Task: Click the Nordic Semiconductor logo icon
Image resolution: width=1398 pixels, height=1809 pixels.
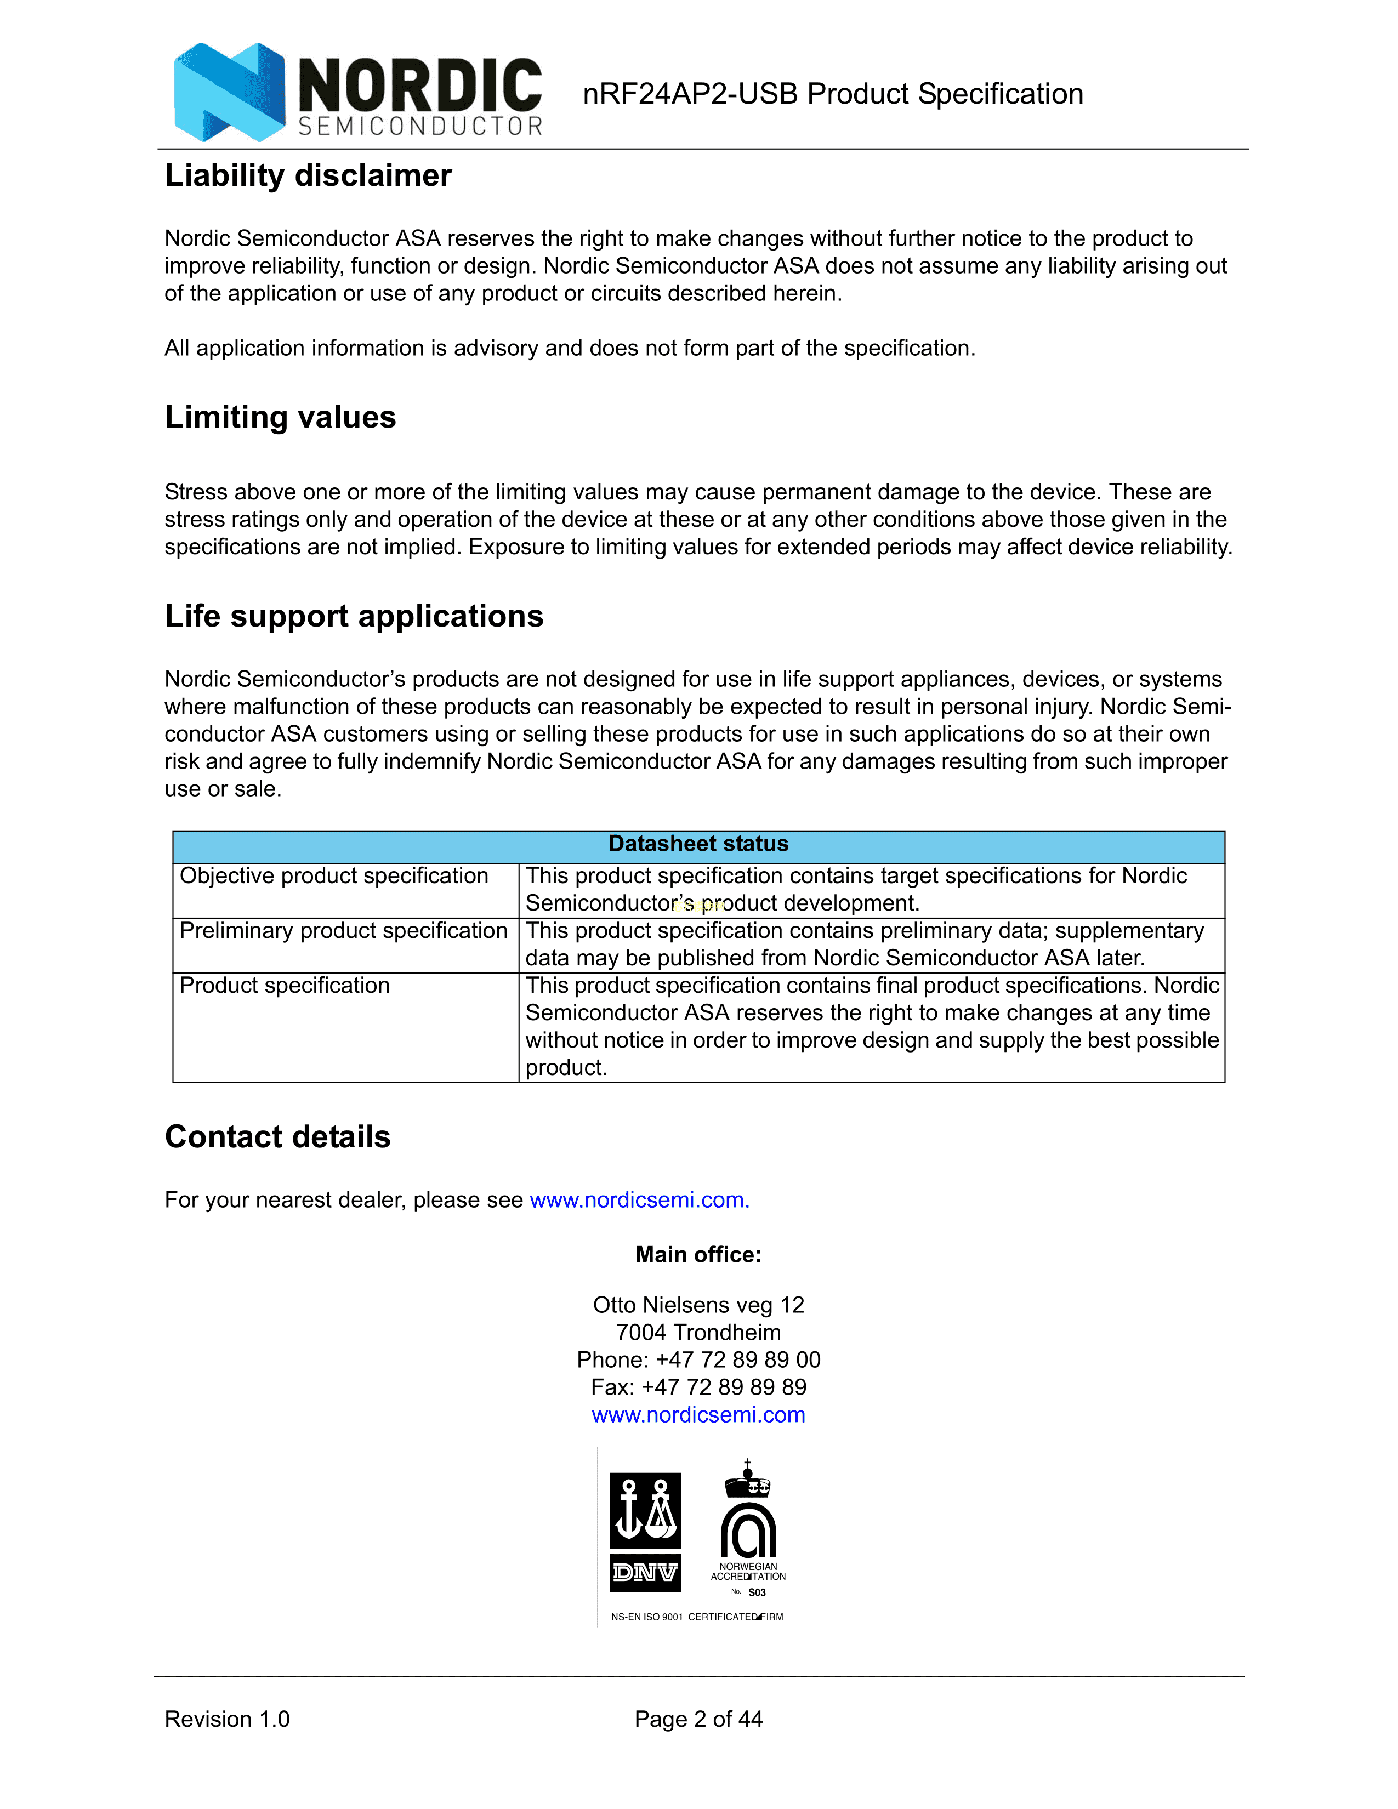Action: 229,92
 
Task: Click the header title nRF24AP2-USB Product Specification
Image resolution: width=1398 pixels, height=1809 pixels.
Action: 832,94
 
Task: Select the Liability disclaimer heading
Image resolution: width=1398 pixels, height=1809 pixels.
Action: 308,175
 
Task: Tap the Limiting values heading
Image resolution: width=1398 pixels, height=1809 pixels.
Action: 280,417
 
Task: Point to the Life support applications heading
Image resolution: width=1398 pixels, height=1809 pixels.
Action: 354,616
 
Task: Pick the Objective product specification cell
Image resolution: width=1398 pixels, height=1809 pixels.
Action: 334,877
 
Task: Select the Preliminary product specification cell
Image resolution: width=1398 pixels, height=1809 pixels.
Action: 343,931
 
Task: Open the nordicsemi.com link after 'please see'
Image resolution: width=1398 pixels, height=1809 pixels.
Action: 639,1200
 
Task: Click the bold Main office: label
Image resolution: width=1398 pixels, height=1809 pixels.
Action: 698,1255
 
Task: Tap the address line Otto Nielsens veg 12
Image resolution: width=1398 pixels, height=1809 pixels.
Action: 698,1305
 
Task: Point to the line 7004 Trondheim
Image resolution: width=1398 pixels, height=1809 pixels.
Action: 698,1333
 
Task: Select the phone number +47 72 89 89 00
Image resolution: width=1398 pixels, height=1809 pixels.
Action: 737,1360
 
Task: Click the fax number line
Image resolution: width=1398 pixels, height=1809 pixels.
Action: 698,1387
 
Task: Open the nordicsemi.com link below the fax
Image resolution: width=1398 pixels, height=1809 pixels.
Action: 698,1415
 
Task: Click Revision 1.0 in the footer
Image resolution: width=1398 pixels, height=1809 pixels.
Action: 227,1720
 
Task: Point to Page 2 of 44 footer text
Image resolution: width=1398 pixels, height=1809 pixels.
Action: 698,1720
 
